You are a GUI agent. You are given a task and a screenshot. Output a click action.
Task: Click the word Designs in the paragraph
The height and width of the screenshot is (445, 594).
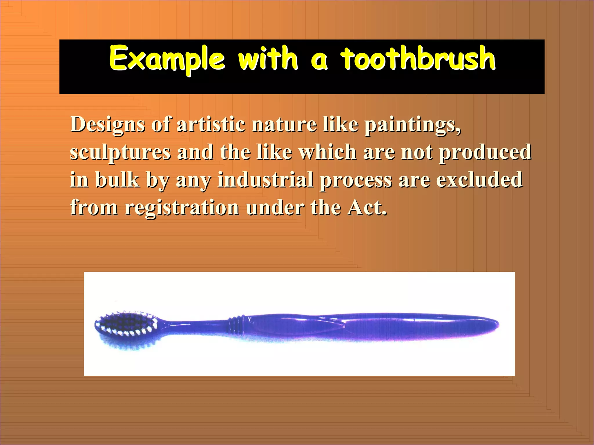pyautogui.click(x=107, y=125)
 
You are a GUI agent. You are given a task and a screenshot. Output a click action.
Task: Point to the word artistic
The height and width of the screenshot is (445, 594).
pyautogui.click(x=211, y=124)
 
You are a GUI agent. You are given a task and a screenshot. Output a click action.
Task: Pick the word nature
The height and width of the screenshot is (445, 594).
pyautogui.click(x=284, y=124)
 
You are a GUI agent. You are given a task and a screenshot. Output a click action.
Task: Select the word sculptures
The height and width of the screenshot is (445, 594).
pyautogui.click(x=120, y=152)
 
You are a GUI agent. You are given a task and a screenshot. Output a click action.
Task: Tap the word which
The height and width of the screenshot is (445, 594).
pyautogui.click(x=328, y=152)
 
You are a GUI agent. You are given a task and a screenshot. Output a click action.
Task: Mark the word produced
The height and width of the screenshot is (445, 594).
pyautogui.click(x=485, y=152)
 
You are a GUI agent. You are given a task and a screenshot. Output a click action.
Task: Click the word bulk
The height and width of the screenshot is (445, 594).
pyautogui.click(x=117, y=179)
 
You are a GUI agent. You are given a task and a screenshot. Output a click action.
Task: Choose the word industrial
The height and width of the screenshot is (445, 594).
pyautogui.click(x=266, y=179)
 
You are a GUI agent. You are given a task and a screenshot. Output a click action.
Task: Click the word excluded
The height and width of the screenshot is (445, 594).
pyautogui.click(x=479, y=179)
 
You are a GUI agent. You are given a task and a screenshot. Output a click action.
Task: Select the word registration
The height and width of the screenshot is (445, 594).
pyautogui.click(x=182, y=208)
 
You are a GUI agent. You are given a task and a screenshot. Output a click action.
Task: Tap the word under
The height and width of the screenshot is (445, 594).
pyautogui.click(x=275, y=207)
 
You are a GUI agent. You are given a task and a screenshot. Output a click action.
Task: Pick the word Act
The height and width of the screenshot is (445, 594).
pyautogui.click(x=367, y=207)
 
